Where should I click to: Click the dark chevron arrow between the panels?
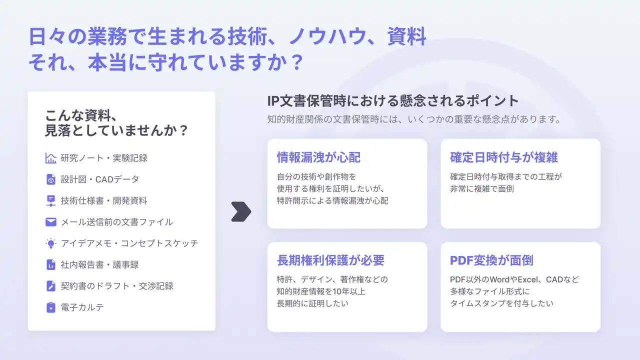tap(241, 211)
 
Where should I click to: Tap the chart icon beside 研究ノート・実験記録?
tap(51, 158)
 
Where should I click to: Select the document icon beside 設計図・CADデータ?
tap(51, 179)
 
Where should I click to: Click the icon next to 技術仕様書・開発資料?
tap(51, 200)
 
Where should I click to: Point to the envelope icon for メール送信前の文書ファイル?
tap(51, 222)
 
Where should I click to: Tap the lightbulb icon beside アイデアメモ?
tap(51, 243)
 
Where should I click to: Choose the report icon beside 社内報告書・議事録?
tap(51, 264)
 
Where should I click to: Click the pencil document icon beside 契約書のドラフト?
tap(51, 286)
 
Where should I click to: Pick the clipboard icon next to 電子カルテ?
tap(51, 307)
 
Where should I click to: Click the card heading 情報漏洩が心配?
tap(318, 157)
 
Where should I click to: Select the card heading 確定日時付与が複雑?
tap(503, 157)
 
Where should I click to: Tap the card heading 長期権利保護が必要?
tap(330, 260)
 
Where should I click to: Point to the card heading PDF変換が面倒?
tap(491, 260)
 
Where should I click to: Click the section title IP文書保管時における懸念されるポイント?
tap(393, 101)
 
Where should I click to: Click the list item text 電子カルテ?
tap(82, 307)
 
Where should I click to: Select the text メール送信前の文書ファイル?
tap(117, 222)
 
